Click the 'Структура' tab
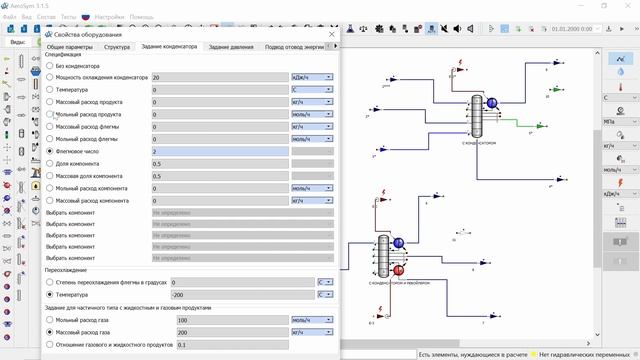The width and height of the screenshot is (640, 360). pyautogui.click(x=117, y=47)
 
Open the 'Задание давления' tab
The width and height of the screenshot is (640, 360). pyautogui.click(x=231, y=47)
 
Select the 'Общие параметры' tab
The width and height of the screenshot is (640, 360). pyautogui.click(x=69, y=47)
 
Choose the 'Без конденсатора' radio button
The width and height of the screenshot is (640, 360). pyautogui.click(x=50, y=65)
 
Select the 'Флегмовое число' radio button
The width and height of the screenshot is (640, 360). pyautogui.click(x=50, y=151)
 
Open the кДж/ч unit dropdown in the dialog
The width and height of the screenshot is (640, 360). pyautogui.click(x=311, y=77)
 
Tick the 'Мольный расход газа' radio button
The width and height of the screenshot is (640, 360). pyautogui.click(x=50, y=320)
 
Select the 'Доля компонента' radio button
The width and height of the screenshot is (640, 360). pyautogui.click(x=50, y=163)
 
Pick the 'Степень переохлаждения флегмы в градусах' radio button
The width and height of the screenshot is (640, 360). pyautogui.click(x=50, y=283)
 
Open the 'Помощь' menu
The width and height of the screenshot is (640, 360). pyautogui.click(x=142, y=17)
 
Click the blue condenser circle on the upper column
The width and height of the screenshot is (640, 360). pyautogui.click(x=492, y=102)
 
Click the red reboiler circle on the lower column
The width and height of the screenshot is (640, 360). pyautogui.click(x=398, y=269)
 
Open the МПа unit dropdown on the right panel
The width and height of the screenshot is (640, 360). pyautogui.click(x=621, y=121)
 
